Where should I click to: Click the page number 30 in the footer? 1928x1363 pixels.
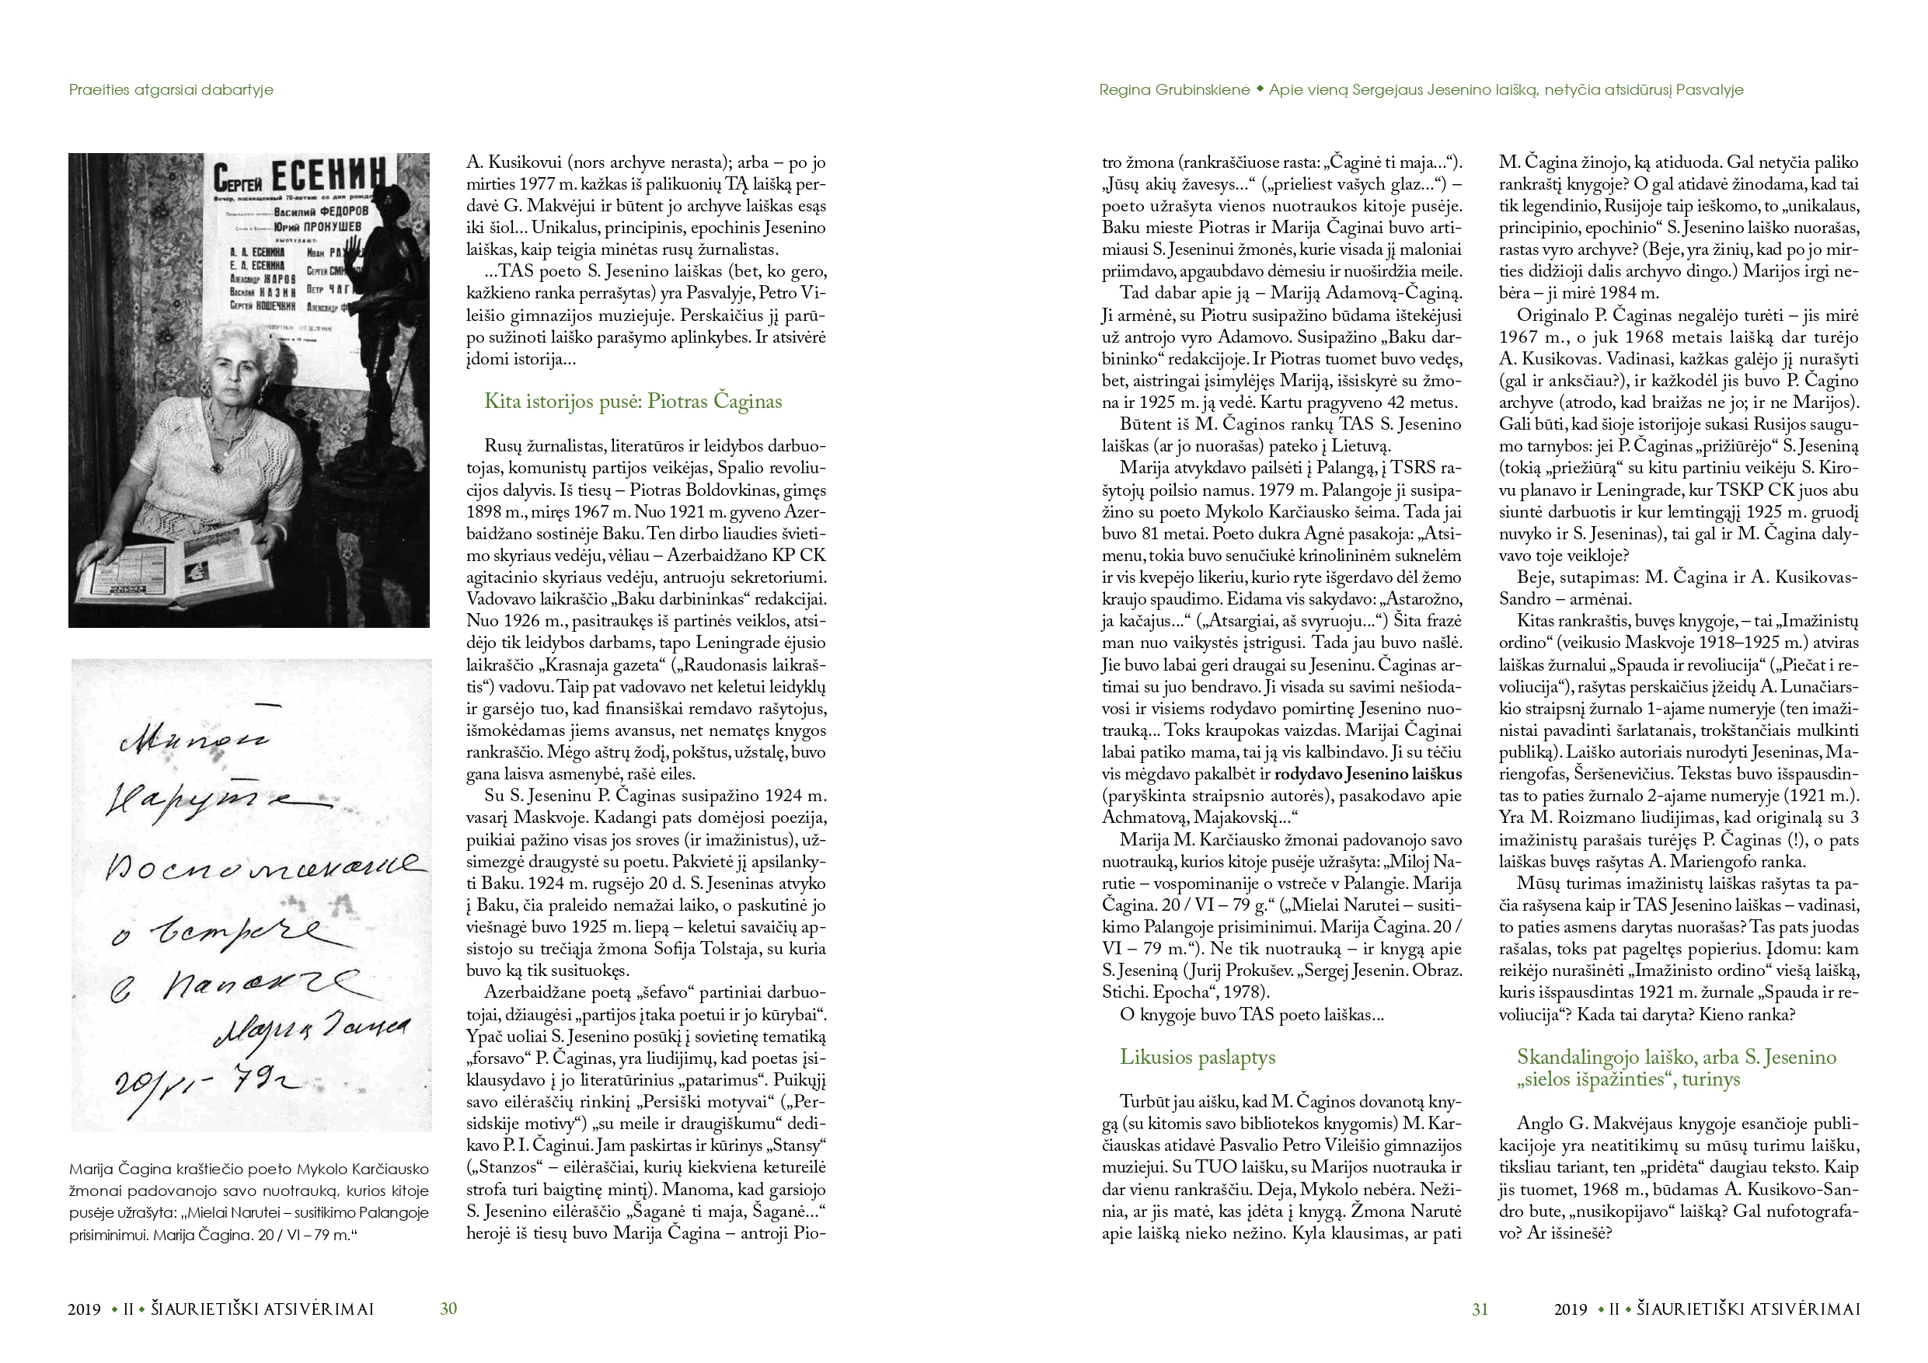click(x=448, y=1309)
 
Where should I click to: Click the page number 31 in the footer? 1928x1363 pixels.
click(x=1480, y=1309)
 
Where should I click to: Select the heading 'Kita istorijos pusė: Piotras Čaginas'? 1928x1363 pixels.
click(x=633, y=402)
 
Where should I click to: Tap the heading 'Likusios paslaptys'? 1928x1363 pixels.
click(x=1197, y=1058)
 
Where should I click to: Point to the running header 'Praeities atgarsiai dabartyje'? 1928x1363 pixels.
click(x=171, y=90)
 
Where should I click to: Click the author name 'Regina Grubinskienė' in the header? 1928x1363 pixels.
click(x=1174, y=90)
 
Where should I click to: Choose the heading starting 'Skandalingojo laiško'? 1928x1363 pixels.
click(x=1676, y=1068)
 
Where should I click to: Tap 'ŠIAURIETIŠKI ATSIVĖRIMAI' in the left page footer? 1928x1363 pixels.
click(x=262, y=1309)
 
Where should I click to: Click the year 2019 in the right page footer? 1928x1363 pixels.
click(x=1571, y=1309)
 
